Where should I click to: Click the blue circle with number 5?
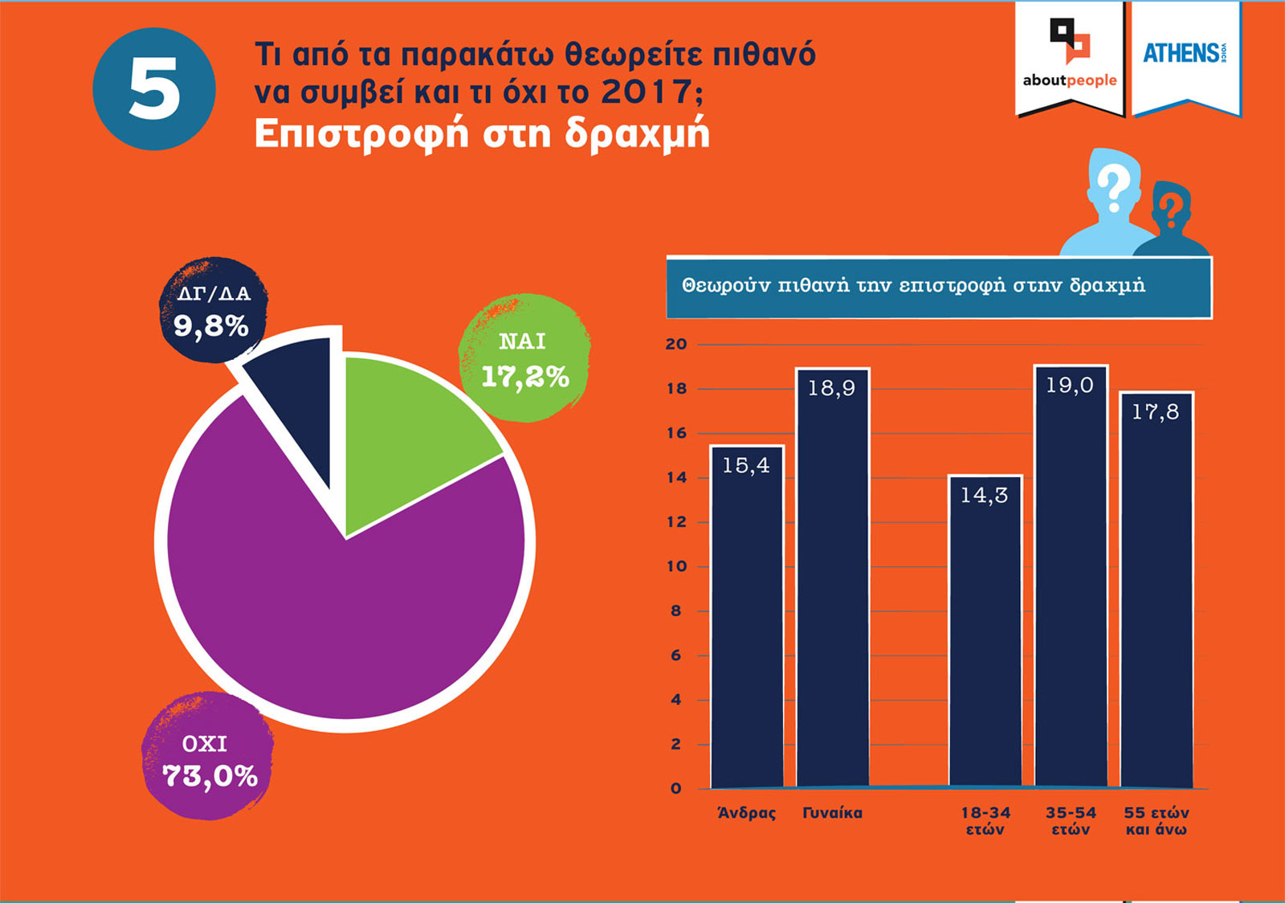click(x=154, y=88)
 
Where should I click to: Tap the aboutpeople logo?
click(x=1070, y=56)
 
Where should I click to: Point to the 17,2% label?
click(x=524, y=376)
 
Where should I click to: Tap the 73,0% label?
click(x=210, y=776)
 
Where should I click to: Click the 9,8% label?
click(x=210, y=326)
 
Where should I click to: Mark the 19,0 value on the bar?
click(x=1070, y=386)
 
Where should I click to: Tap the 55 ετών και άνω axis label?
click(x=1156, y=821)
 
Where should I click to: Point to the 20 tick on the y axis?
click(x=676, y=344)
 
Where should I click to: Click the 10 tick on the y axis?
click(x=676, y=566)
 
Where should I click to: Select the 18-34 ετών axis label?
click(x=985, y=821)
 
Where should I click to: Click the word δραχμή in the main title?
click(x=637, y=133)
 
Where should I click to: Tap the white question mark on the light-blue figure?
click(x=1113, y=189)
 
